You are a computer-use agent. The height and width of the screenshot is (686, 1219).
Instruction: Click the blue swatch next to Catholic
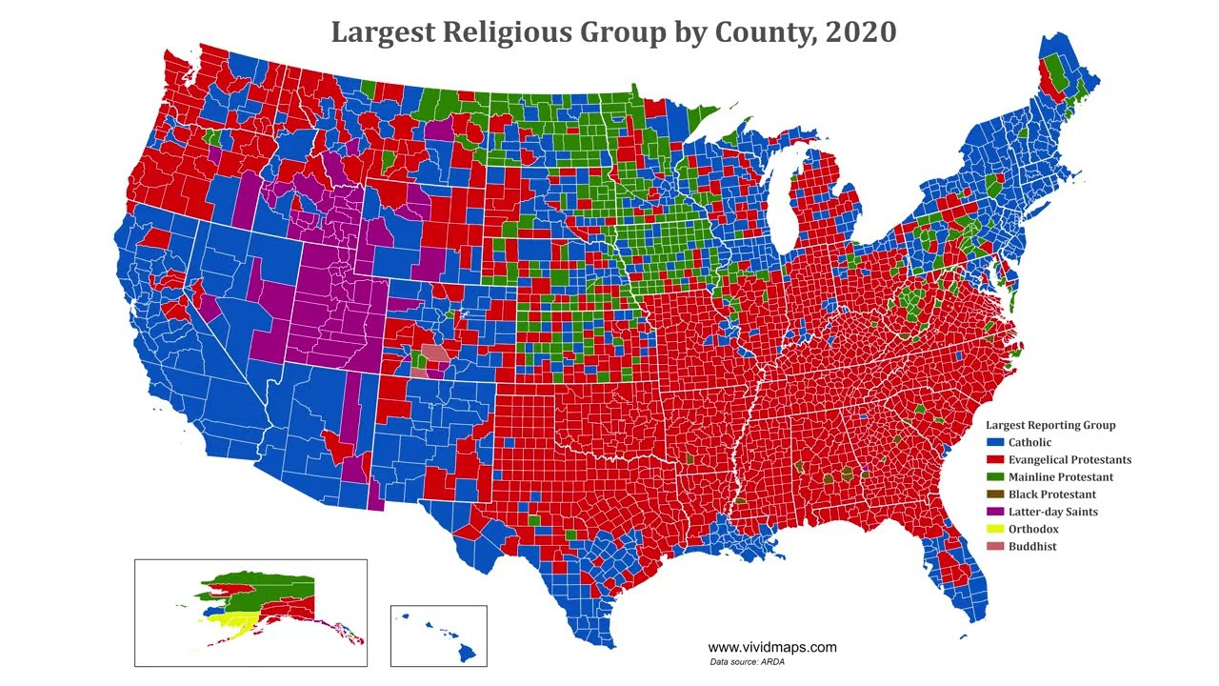[995, 442]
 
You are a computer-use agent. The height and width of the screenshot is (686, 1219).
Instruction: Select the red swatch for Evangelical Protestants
[995, 459]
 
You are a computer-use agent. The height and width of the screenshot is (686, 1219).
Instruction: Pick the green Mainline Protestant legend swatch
[995, 476]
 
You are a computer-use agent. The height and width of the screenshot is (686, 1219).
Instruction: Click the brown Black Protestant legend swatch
[995, 494]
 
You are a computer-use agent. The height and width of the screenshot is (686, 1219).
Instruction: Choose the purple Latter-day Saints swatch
[995, 512]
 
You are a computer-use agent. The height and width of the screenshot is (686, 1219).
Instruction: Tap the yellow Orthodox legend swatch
[995, 529]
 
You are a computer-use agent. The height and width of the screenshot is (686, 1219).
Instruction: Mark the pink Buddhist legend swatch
[995, 546]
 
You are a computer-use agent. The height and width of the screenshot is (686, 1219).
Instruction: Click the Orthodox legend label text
[1033, 529]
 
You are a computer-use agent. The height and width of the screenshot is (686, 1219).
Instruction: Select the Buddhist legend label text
[1032, 546]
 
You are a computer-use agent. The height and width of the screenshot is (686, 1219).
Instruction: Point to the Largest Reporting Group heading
[1050, 425]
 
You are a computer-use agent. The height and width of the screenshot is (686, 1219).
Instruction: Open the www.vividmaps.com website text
[771, 647]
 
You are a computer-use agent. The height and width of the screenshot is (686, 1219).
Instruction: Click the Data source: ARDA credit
[747, 661]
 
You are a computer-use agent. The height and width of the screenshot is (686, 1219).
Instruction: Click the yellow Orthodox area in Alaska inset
[229, 625]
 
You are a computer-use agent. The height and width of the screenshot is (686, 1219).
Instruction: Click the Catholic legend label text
[1030, 442]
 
